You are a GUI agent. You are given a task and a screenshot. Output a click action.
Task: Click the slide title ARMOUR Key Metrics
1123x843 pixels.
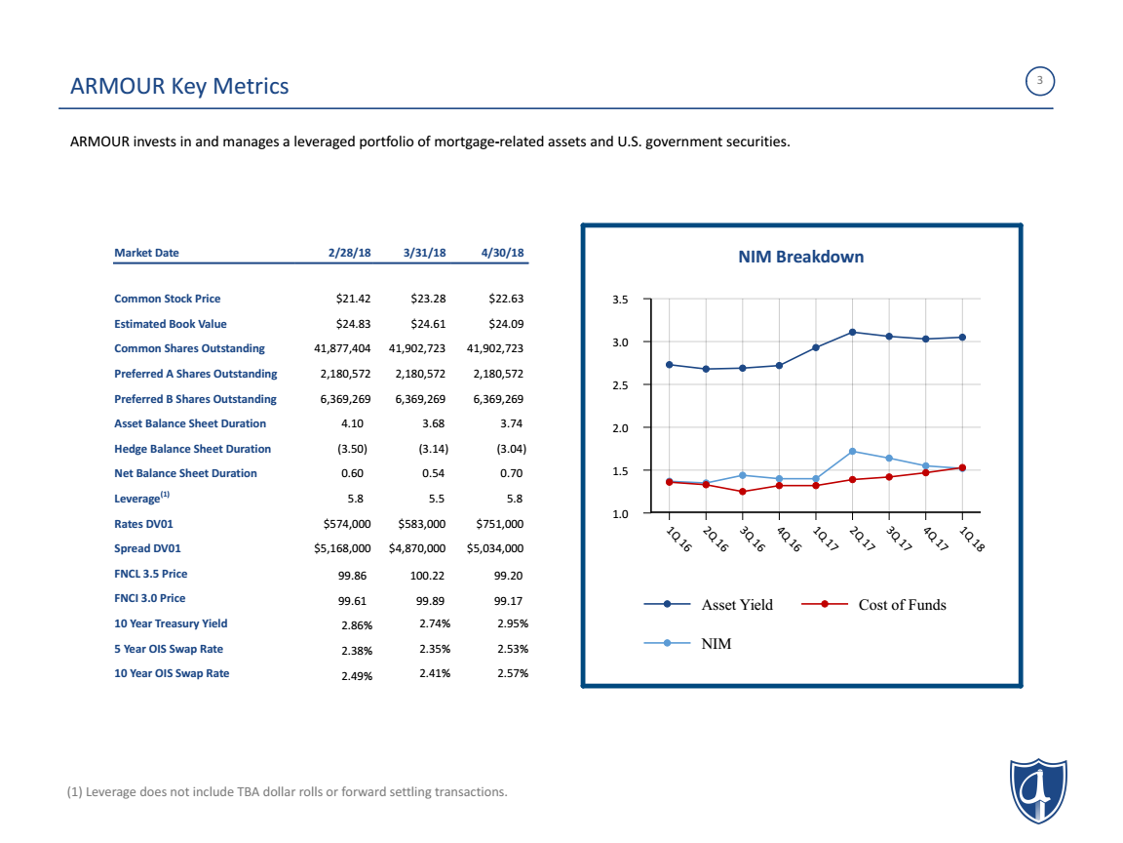[x=179, y=86]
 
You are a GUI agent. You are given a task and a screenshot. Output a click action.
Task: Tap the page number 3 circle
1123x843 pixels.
[x=1039, y=81]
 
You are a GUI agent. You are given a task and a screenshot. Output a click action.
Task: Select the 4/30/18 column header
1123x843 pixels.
[x=502, y=253]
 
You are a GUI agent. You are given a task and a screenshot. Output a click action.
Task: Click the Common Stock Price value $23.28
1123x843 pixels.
[x=428, y=299]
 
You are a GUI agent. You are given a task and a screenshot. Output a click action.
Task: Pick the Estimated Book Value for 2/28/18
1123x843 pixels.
[x=353, y=323]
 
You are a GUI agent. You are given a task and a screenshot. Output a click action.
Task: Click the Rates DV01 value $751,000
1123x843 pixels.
[x=499, y=523]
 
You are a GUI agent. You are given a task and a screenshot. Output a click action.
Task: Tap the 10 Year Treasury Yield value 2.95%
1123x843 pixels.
[x=512, y=622]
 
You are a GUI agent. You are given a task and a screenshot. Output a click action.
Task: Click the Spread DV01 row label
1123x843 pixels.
[x=147, y=548]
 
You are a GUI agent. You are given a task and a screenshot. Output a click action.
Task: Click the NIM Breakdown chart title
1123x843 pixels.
[x=800, y=257]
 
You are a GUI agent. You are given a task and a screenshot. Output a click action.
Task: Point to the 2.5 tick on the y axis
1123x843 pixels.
[x=620, y=385]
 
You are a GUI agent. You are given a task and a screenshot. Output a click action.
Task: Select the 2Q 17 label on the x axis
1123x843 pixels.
[x=862, y=539]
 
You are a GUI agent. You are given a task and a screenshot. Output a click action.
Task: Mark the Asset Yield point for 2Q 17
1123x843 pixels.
[x=852, y=332]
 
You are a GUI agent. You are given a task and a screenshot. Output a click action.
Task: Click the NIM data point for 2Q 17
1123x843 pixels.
[x=852, y=451]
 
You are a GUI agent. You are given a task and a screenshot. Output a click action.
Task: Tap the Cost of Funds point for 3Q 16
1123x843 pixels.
[x=743, y=492]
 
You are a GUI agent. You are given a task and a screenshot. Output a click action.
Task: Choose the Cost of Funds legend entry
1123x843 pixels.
[x=873, y=604]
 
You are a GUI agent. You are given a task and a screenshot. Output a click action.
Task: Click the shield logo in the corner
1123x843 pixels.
[x=1038, y=790]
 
